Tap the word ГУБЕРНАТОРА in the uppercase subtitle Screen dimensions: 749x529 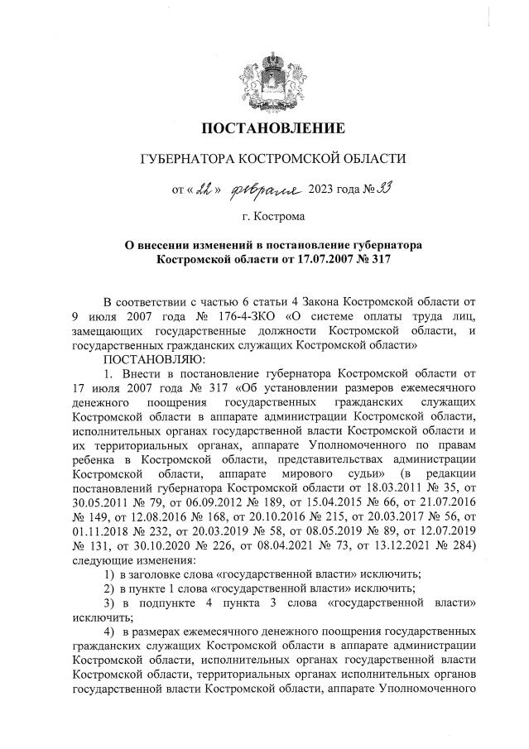pos(184,157)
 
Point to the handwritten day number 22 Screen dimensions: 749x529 pos(204,189)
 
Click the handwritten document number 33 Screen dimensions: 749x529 pos(361,188)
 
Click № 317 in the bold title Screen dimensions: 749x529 pos(370,259)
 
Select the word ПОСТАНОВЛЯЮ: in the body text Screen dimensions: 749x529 pos(147,358)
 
